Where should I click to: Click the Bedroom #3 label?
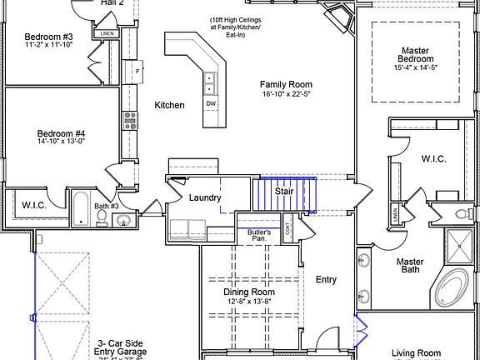[48, 37]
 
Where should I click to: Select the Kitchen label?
[169, 105]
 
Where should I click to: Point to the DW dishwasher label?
[211, 102]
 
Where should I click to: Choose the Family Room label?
[286, 85]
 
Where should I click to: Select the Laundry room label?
[204, 197]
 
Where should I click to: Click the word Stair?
[285, 192]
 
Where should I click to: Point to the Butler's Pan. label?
[261, 235]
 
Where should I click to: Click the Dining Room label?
[249, 292]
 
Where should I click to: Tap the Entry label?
[326, 279]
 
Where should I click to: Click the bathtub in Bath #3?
[81, 209]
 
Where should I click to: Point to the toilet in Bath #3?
[102, 217]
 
